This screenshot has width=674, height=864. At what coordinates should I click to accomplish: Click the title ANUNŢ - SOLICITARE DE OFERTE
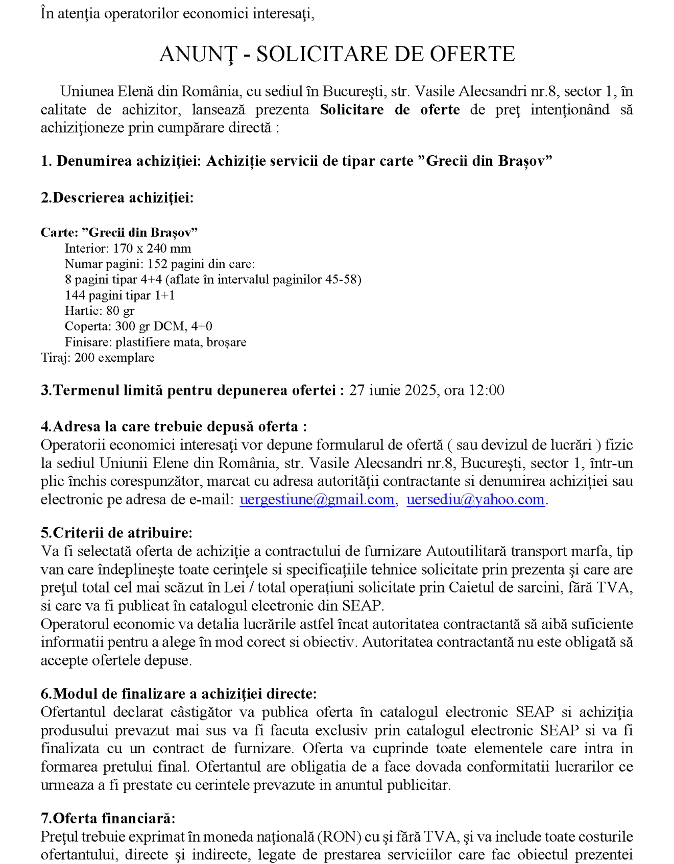click(337, 54)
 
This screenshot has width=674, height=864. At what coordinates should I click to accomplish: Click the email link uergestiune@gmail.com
click(317, 499)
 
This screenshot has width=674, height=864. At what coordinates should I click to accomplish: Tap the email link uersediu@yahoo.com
click(475, 499)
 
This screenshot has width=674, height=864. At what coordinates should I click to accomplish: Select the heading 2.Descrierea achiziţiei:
click(117, 198)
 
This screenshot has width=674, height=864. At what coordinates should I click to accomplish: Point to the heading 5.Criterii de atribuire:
click(117, 533)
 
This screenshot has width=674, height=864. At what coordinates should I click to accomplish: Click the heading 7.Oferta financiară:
click(108, 818)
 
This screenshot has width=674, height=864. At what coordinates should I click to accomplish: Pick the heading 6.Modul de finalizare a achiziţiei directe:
click(179, 694)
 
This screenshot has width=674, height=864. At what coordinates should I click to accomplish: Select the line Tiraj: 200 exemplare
click(98, 357)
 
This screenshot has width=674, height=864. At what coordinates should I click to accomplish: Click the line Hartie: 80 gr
click(100, 311)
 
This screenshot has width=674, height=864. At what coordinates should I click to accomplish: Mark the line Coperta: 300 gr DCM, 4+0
click(138, 326)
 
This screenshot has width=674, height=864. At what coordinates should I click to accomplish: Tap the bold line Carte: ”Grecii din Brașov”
click(119, 233)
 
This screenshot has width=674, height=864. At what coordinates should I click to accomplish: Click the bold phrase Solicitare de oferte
click(390, 110)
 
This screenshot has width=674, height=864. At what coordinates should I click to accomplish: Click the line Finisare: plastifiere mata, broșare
click(156, 342)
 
